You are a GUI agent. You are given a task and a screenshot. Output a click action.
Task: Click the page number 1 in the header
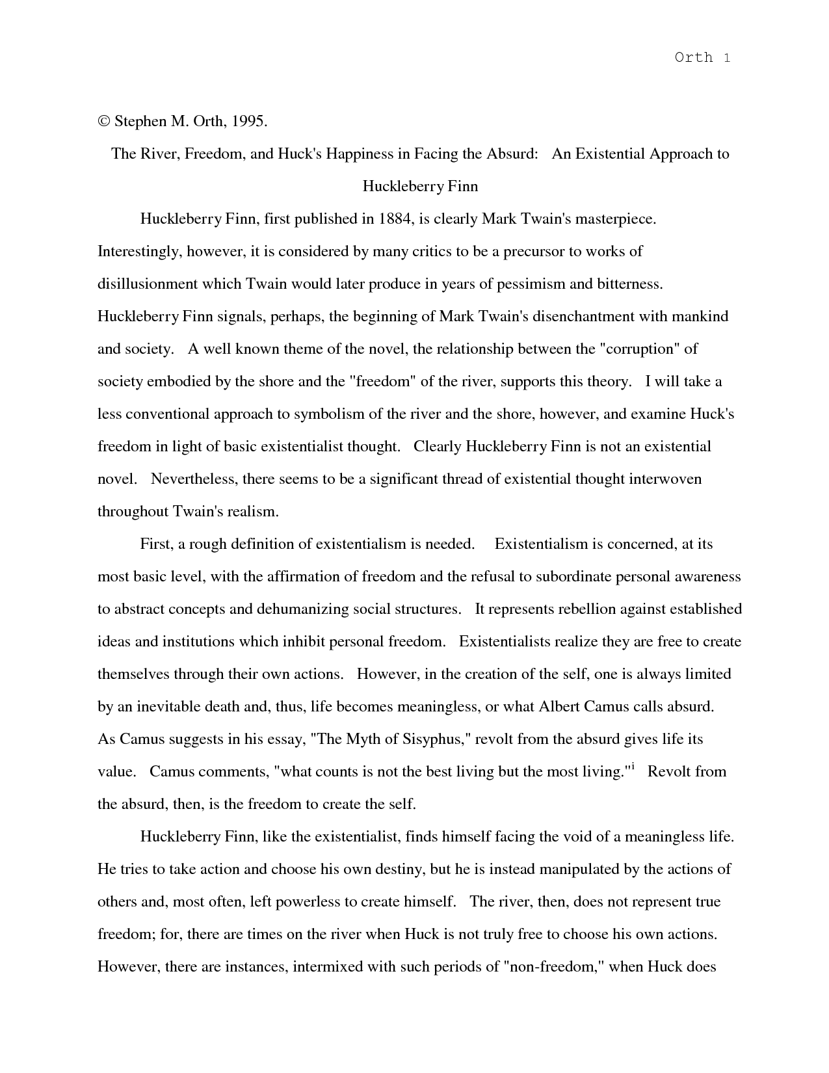pos(726,58)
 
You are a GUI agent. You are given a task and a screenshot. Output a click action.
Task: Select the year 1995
pos(248,122)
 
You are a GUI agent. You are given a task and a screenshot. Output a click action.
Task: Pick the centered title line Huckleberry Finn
pos(420,187)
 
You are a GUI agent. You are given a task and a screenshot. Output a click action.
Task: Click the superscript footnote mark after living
pos(632,767)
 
